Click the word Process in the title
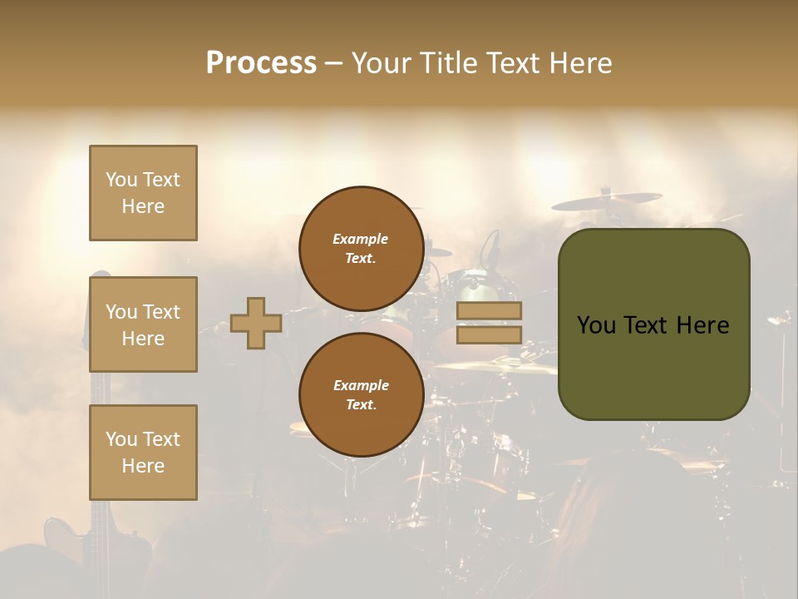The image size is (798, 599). click(261, 63)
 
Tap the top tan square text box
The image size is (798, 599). click(143, 193)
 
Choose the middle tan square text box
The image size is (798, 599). click(143, 324)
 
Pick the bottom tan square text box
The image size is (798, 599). click(143, 453)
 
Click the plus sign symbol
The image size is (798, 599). click(256, 323)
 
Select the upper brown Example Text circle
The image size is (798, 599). click(361, 249)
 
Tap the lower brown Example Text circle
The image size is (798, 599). click(361, 394)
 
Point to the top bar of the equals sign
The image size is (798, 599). click(489, 311)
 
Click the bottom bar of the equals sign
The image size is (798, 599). click(489, 334)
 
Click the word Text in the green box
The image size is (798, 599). click(648, 325)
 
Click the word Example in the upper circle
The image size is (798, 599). click(361, 239)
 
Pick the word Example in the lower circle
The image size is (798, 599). click(361, 385)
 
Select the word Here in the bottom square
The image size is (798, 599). click(143, 466)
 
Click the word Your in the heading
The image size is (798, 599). click(382, 63)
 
